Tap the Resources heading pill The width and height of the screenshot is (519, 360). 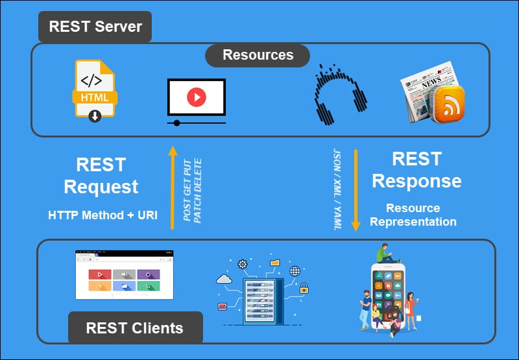point(258,55)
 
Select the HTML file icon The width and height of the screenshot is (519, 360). point(95,90)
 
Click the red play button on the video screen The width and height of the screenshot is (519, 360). point(196,97)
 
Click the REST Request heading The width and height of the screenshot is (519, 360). point(101,175)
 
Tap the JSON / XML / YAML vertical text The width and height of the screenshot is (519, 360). point(337,189)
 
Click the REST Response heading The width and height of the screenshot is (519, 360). point(416,170)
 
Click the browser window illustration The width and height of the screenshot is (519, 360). point(124,275)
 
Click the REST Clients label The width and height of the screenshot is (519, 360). point(135,328)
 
